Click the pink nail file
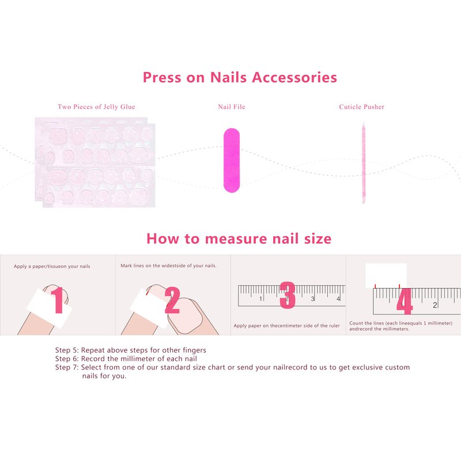tap(232, 161)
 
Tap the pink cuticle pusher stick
tap(364, 163)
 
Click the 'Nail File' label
tap(232, 107)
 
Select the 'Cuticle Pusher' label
tap(362, 107)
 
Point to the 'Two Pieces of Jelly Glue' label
tap(96, 107)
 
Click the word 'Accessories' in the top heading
tap(294, 77)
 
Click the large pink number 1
tap(59, 300)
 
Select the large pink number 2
tap(172, 300)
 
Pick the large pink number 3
tap(288, 295)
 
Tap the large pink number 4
tap(405, 301)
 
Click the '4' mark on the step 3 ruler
tap(338, 298)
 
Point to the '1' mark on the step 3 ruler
tap(261, 298)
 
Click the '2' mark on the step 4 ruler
tap(435, 305)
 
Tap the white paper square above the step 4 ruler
tap(386, 276)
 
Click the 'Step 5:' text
tap(67, 350)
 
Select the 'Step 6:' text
tap(67, 358)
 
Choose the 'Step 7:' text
tap(67, 367)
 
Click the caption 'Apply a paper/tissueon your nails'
tap(52, 266)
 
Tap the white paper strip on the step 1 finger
tap(50, 308)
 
